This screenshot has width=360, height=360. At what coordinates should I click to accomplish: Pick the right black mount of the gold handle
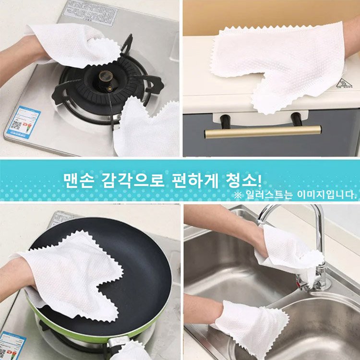(x=298, y=118)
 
